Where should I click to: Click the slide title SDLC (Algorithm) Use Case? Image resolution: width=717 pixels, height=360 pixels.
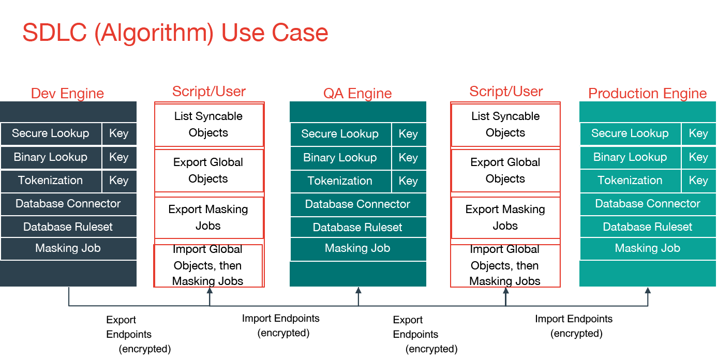click(x=175, y=33)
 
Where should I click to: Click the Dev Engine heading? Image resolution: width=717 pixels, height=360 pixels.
click(x=68, y=94)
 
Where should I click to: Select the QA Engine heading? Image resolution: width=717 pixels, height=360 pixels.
click(x=357, y=94)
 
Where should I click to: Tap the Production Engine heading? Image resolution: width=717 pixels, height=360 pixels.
click(x=648, y=94)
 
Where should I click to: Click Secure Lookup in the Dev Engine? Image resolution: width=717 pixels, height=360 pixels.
click(x=51, y=133)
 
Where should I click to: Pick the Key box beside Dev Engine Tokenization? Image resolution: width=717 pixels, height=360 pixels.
click(x=119, y=181)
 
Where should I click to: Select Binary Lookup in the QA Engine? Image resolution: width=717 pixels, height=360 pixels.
click(x=340, y=158)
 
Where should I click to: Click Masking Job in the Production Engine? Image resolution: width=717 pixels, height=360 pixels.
click(x=648, y=249)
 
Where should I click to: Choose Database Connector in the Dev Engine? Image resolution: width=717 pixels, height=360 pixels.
click(x=68, y=204)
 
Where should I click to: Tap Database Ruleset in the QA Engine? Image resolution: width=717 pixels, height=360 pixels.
click(x=357, y=228)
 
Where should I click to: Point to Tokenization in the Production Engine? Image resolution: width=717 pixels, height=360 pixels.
click(x=630, y=181)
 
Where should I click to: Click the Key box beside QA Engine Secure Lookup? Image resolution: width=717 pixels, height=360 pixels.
click(x=408, y=134)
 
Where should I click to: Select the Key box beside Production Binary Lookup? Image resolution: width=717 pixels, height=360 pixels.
click(x=698, y=157)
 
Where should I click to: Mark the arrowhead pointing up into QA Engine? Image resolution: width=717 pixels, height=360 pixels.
click(x=358, y=291)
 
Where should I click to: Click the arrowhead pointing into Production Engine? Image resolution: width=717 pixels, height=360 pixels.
click(x=648, y=291)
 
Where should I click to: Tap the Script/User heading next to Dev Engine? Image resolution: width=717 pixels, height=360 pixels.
click(x=209, y=92)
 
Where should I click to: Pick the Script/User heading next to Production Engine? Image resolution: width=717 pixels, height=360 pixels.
click(x=506, y=92)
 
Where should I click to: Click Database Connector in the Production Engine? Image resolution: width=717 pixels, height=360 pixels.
click(x=648, y=204)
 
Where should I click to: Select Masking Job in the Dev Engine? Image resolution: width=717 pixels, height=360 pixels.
click(x=68, y=249)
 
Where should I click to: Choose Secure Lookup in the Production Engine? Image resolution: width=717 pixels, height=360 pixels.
click(x=630, y=133)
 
